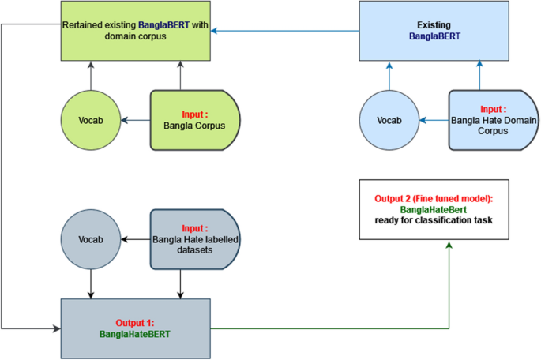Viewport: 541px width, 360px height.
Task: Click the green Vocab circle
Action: tap(90, 120)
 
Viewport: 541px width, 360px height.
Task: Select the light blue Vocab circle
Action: tap(389, 120)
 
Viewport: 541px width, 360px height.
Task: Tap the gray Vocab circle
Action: tap(90, 238)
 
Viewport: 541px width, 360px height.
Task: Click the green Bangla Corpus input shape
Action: tap(194, 120)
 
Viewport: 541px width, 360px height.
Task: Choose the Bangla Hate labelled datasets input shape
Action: tap(194, 238)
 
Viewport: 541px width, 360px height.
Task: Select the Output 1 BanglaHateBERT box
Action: tap(136, 328)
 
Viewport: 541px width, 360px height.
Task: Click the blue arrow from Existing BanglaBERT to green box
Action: tap(285, 32)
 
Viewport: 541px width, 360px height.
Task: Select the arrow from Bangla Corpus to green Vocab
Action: tap(135, 121)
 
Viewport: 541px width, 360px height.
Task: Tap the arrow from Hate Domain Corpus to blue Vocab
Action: tap(434, 121)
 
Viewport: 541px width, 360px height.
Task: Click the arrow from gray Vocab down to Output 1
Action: tap(91, 282)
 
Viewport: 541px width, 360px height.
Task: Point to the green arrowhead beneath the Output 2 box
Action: tap(449, 245)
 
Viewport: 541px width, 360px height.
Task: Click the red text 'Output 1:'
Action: tap(136, 322)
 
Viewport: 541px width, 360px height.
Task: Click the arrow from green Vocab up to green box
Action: tap(91, 77)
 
